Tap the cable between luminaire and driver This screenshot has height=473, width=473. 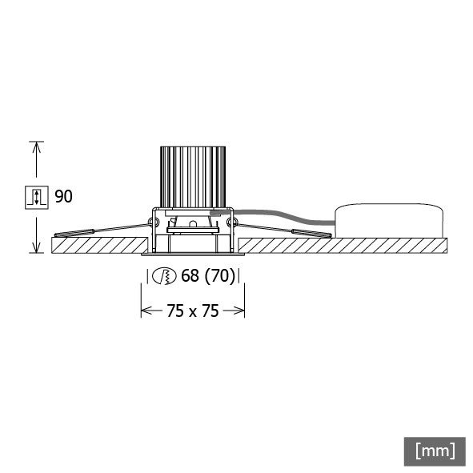[x=280, y=216]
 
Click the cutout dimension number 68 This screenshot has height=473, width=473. [x=190, y=277]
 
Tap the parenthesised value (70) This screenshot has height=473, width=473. [x=219, y=277]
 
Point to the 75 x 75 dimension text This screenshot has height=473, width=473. [x=193, y=311]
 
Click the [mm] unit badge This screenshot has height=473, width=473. [x=435, y=450]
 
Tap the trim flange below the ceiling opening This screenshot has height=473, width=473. [x=192, y=255]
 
